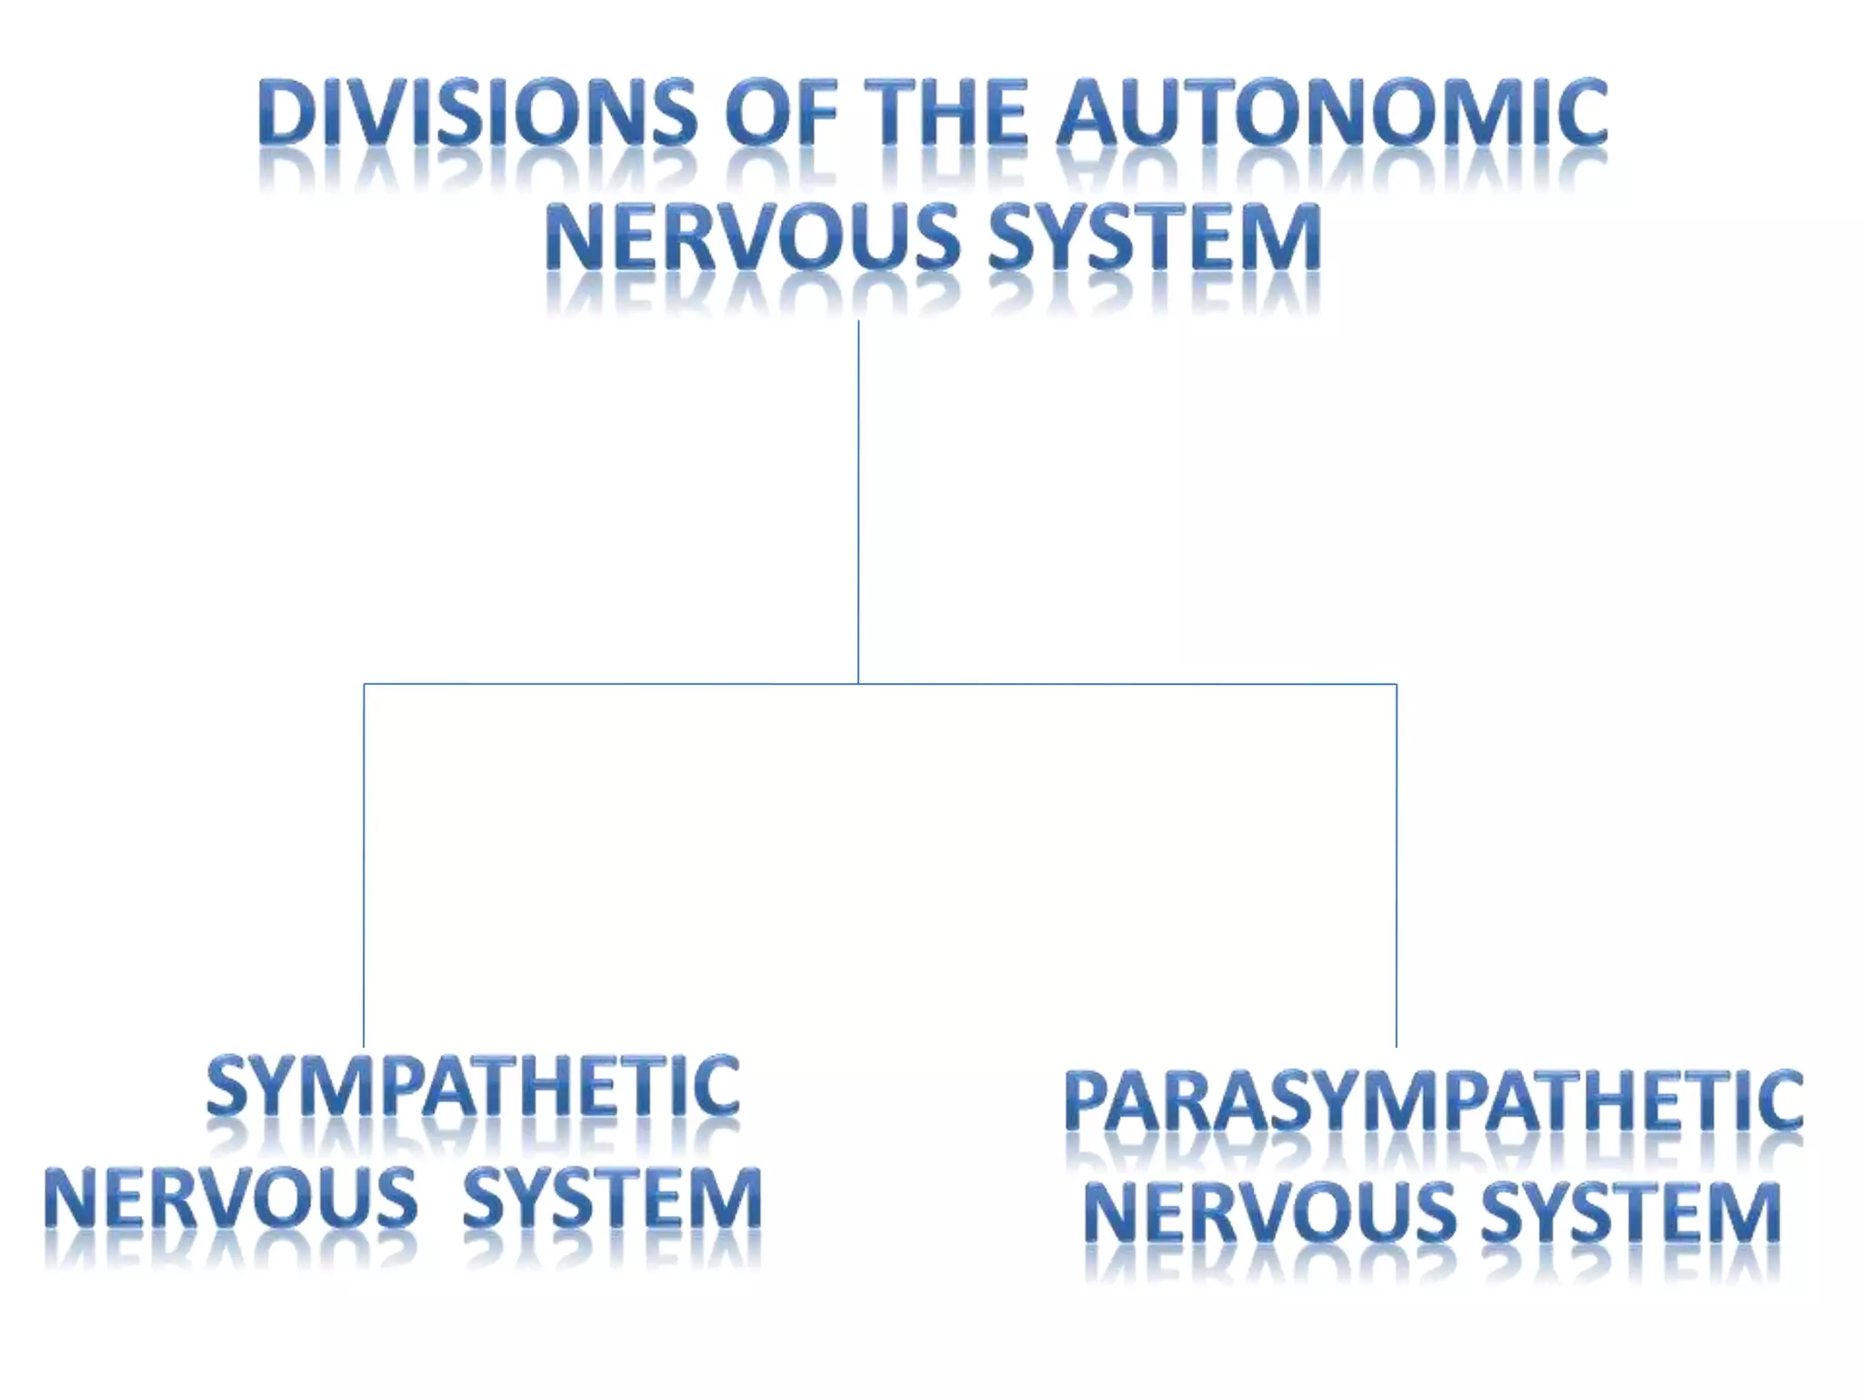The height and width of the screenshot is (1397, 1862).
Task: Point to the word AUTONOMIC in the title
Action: [x=1332, y=113]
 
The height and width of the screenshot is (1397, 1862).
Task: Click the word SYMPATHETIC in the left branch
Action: [x=473, y=1087]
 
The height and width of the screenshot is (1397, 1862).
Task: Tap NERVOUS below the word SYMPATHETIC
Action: [x=231, y=1199]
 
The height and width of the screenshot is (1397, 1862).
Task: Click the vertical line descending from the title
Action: [x=858, y=500]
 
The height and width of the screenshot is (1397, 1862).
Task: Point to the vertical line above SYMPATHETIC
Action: [x=364, y=864]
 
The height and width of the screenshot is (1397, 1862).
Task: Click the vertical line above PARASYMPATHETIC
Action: [x=1396, y=864]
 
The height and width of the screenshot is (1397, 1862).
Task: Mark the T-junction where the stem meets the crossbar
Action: [x=858, y=684]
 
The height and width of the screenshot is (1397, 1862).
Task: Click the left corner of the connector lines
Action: [x=364, y=684]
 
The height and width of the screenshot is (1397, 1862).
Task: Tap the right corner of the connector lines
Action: [x=1396, y=684]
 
